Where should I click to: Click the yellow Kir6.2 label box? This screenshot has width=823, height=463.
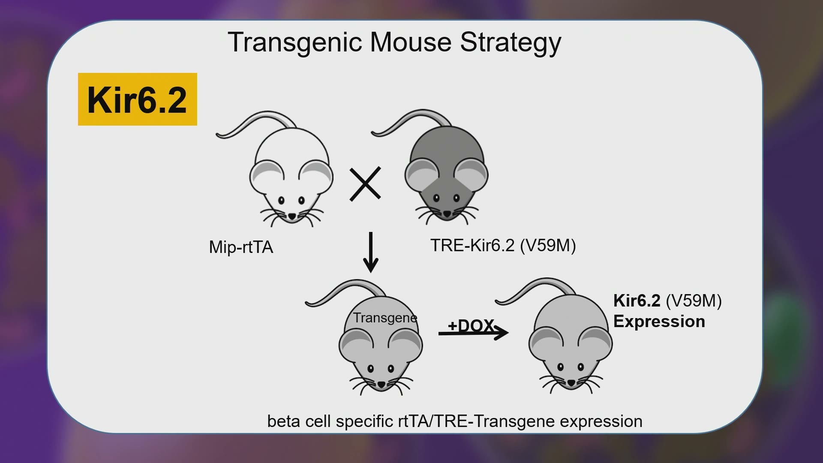pyautogui.click(x=137, y=99)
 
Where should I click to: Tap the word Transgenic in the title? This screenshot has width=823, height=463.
pyautogui.click(x=296, y=43)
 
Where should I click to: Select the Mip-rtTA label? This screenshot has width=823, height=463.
pyautogui.click(x=241, y=247)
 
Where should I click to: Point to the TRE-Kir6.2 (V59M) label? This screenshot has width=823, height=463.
pyautogui.click(x=503, y=246)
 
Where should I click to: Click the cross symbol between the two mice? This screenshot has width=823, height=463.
pyautogui.click(x=365, y=184)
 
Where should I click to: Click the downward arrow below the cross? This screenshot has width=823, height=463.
pyautogui.click(x=371, y=252)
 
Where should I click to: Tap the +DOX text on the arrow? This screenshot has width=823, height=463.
pyautogui.click(x=471, y=326)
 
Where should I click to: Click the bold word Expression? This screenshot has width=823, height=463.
pyautogui.click(x=659, y=322)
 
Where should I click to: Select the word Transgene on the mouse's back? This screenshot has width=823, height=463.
pyautogui.click(x=385, y=318)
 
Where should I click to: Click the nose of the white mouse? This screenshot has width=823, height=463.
pyautogui.click(x=291, y=216)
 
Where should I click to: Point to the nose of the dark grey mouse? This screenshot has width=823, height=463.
pyautogui.click(x=447, y=213)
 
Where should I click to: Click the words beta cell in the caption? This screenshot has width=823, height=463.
pyautogui.click(x=299, y=421)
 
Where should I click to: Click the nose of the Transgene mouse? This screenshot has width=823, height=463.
pyautogui.click(x=381, y=384)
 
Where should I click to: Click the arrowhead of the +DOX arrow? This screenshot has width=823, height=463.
pyautogui.click(x=502, y=332)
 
